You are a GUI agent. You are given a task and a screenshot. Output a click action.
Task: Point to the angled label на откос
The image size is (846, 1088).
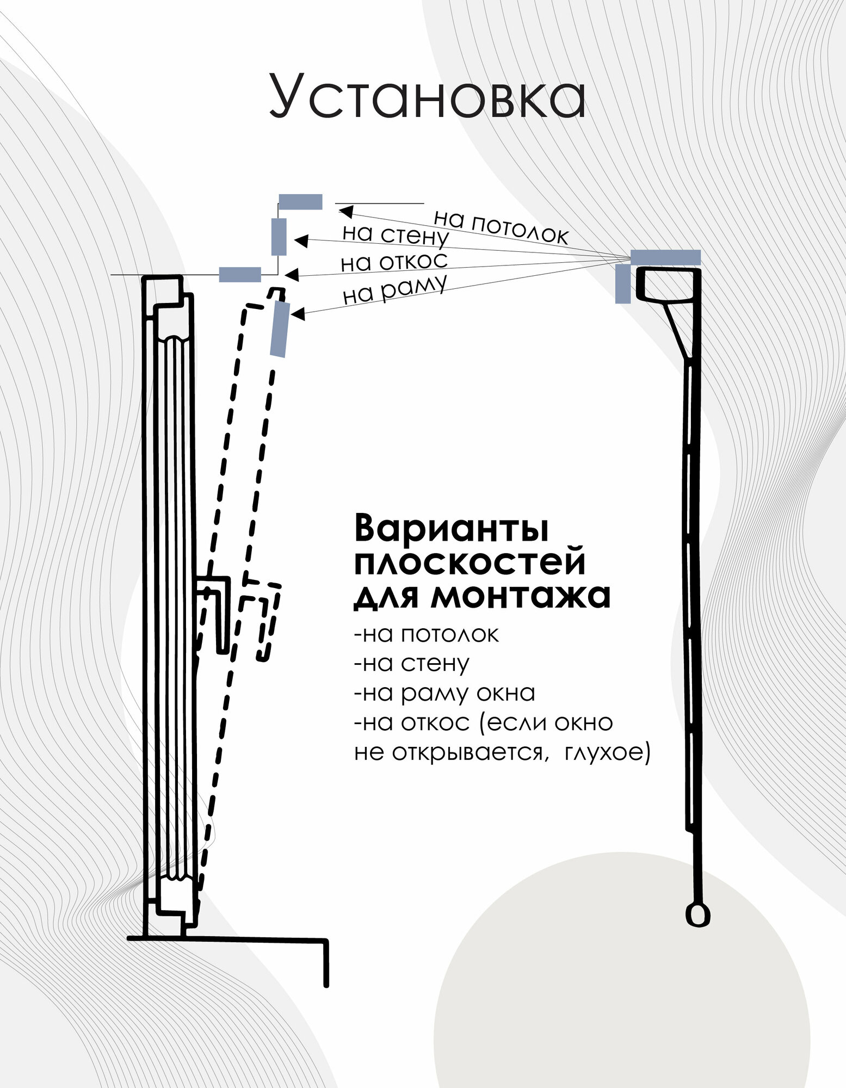tap(394, 262)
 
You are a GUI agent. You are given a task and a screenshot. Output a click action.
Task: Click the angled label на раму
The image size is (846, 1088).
tap(395, 290)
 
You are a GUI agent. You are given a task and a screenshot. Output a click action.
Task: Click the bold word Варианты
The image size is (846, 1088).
tap(451, 528)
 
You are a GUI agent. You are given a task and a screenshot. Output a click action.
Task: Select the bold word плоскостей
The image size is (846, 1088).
tap(470, 562)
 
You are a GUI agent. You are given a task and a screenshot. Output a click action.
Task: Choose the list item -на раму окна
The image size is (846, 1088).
tap(444, 693)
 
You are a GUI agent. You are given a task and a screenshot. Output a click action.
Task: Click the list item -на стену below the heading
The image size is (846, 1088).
tap(411, 664)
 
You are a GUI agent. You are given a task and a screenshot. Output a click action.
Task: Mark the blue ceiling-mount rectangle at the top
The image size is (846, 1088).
tap(300, 202)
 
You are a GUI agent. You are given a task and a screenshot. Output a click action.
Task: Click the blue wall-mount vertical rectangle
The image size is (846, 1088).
tap(279, 237)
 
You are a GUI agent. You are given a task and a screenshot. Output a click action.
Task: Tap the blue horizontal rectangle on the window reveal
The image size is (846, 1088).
tap(240, 275)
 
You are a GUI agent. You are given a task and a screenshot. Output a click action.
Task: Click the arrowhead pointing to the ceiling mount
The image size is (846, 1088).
tap(345, 211)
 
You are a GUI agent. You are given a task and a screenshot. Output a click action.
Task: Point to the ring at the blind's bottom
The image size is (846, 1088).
tap(697, 916)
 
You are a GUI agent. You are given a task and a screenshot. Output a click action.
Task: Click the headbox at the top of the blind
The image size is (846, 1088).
tap(668, 284)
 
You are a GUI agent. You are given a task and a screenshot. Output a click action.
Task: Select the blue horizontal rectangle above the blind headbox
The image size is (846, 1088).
tap(665, 257)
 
